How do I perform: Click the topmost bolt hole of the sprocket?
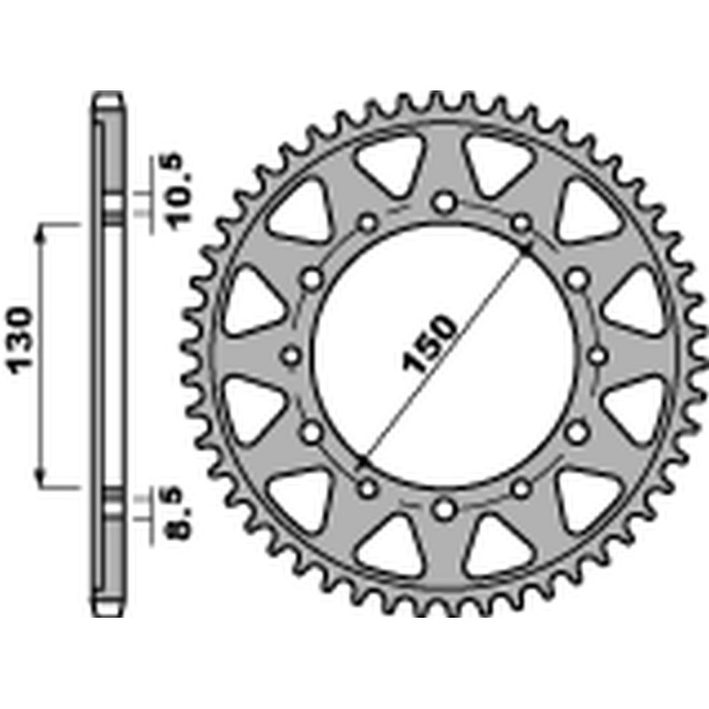tap(444, 203)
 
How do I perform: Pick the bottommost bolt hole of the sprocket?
tap(444, 509)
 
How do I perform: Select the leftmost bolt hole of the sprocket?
tap(292, 356)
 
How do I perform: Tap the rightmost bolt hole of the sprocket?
tap(597, 356)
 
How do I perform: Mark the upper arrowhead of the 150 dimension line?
tap(526, 250)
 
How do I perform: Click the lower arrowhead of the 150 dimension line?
tap(362, 463)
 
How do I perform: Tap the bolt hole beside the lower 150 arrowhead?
tap(368, 488)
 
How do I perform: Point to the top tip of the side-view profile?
tap(108, 92)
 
